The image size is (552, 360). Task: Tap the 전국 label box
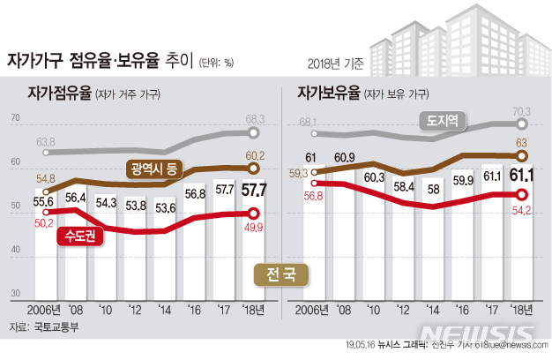coord(281,274)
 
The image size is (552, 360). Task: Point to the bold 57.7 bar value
coord(255,189)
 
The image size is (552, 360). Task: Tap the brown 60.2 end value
coord(255,154)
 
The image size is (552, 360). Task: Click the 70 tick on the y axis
coord(14,118)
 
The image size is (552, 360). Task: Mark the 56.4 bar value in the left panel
coord(76,198)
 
